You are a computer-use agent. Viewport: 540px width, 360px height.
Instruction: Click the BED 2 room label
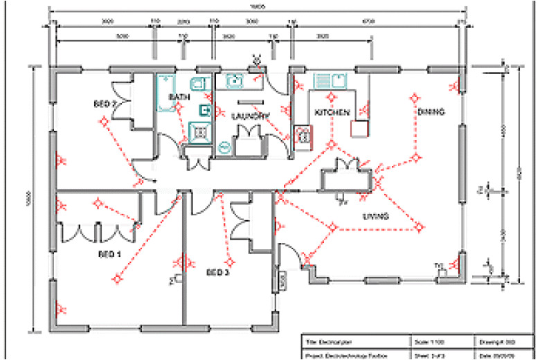(105, 104)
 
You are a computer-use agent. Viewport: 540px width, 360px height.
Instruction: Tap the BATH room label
(180, 98)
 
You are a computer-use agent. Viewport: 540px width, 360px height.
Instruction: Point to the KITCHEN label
(333, 112)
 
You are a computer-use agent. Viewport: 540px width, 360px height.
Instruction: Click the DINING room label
(430, 111)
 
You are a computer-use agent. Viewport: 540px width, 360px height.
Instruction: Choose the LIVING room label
(374, 217)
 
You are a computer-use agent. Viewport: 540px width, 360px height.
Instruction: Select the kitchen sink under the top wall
(331, 82)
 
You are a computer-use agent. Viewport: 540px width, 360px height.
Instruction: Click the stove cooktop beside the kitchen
(303, 134)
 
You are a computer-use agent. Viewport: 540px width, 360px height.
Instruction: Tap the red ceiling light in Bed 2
(104, 123)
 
